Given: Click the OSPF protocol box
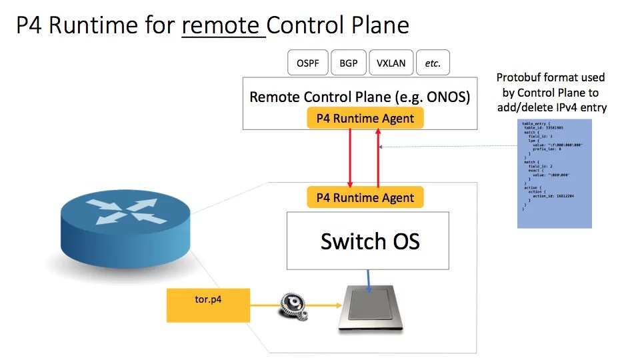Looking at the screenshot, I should (307, 64).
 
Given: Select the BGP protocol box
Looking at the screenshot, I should (348, 64).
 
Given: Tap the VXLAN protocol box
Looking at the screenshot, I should (391, 64).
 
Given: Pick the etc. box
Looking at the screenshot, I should (433, 64).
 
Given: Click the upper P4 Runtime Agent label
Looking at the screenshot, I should (365, 119).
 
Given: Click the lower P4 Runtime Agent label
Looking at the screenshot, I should (365, 197).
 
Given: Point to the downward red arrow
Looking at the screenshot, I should (351, 158).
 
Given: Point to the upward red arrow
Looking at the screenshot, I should (378, 158).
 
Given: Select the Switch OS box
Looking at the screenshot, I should (367, 241).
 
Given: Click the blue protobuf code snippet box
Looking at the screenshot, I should (554, 174).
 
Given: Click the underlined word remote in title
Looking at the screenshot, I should (223, 25).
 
